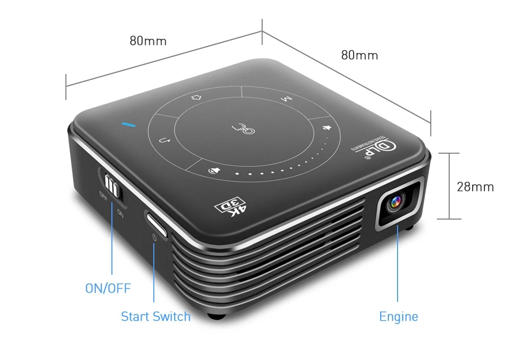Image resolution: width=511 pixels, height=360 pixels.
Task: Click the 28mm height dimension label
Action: [x=475, y=187]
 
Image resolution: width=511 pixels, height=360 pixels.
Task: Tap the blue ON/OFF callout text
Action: [x=108, y=289]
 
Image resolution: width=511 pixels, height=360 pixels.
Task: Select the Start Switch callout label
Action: [x=155, y=317]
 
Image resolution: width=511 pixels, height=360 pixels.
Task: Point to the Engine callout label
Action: [x=398, y=317]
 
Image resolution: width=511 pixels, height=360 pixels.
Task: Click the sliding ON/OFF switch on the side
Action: [x=112, y=186]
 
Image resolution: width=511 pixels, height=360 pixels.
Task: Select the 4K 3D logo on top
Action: [x=231, y=207]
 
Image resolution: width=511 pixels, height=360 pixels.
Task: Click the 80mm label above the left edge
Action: [x=148, y=41]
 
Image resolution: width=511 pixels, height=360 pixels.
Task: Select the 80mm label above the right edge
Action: [x=359, y=55]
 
